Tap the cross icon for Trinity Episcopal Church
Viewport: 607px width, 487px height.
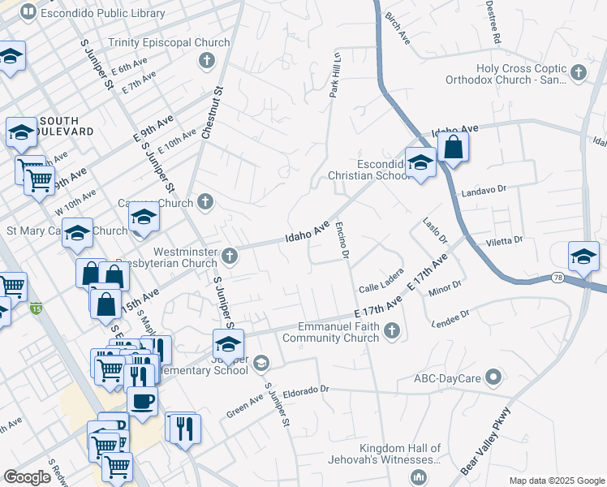[x=207, y=60]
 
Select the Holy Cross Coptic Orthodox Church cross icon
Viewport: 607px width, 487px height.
[x=578, y=73]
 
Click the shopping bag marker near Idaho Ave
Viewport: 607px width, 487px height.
[x=453, y=148]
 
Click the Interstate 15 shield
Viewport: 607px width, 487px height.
[x=34, y=308]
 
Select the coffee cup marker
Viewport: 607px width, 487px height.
[x=142, y=401]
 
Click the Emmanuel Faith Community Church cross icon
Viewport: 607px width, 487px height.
[x=392, y=330]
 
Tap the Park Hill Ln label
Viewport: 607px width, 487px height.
[x=334, y=74]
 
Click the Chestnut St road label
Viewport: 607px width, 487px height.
[x=212, y=114]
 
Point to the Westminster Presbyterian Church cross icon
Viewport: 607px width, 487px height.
[x=230, y=256]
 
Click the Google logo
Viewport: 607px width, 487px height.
[x=27, y=477]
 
